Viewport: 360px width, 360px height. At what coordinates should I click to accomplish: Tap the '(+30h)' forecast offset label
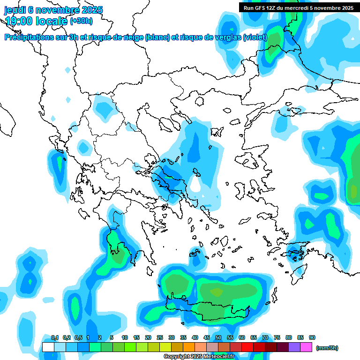[81, 21]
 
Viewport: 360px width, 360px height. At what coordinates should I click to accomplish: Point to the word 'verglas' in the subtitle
[226, 37]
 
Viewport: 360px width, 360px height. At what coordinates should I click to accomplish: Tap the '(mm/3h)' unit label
[327, 348]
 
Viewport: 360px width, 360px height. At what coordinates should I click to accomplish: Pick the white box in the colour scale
[48, 347]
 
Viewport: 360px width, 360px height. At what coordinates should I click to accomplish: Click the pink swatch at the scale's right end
[306, 347]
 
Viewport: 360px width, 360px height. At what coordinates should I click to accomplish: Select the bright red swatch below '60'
[247, 347]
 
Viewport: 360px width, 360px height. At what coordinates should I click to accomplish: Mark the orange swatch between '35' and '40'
[189, 347]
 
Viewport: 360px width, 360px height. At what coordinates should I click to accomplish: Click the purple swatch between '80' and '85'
[294, 347]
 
